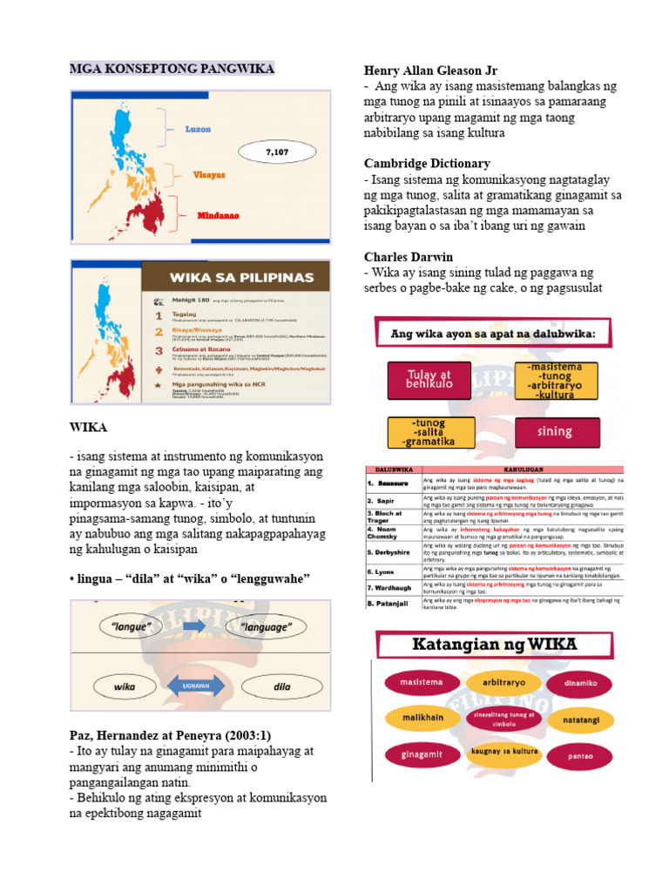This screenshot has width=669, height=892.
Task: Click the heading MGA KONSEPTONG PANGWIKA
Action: coord(172,69)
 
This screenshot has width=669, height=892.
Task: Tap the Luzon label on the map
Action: coord(198,128)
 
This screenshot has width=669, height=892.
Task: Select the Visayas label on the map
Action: coord(208,174)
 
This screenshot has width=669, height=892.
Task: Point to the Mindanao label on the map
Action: coord(218,215)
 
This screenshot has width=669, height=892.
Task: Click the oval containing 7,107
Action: coord(276,152)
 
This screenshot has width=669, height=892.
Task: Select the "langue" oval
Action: coord(132,626)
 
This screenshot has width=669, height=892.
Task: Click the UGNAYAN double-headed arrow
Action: coord(194,686)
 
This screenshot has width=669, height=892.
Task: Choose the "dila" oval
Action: coord(280,686)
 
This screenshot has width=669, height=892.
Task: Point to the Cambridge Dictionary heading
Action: coord(427,163)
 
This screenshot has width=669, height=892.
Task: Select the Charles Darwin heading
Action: coord(409,257)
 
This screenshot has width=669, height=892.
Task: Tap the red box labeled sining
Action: coord(556,431)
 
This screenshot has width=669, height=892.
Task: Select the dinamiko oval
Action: coord(580,683)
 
